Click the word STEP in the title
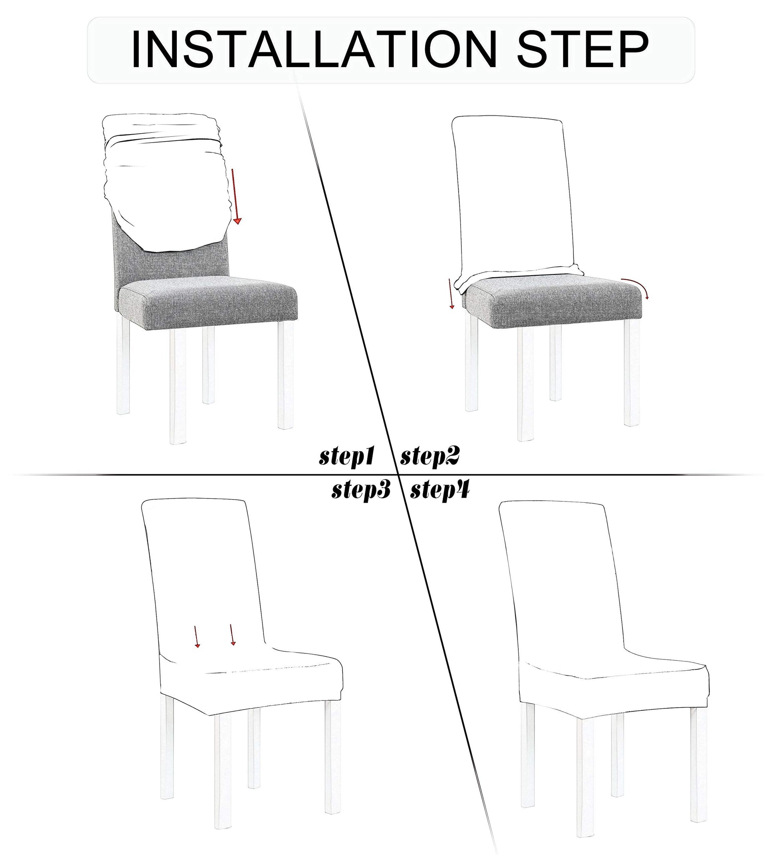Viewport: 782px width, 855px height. click(x=582, y=50)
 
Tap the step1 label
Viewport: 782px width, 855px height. click(x=347, y=457)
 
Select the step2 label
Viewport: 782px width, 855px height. click(x=430, y=457)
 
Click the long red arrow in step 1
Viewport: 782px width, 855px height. click(x=235, y=196)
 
